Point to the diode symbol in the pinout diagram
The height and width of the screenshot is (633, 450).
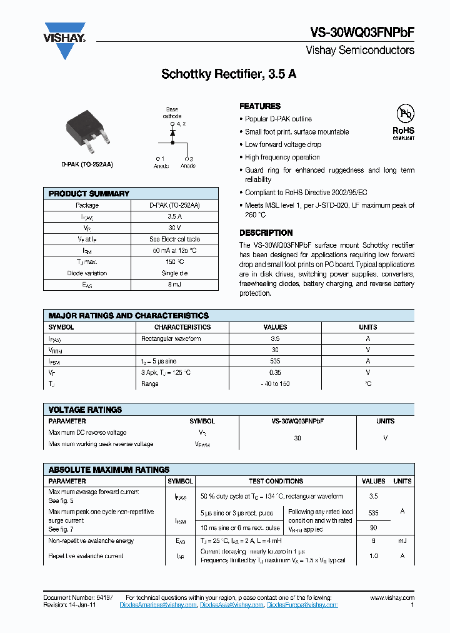pyautogui.click(x=172, y=133)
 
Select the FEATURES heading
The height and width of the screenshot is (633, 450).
pyautogui.click(x=260, y=106)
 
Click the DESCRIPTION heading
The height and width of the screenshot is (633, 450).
pyautogui.click(x=266, y=233)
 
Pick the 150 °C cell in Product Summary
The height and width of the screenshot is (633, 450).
pyautogui.click(x=174, y=262)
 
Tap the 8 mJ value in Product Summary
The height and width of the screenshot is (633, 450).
pyautogui.click(x=174, y=285)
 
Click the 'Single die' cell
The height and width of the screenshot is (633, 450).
pyautogui.click(x=174, y=273)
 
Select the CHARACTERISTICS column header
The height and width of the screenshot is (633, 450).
pyautogui.click(x=182, y=327)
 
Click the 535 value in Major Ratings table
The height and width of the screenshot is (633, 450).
pyautogui.click(x=276, y=361)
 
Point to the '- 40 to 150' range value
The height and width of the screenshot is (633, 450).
pyautogui.click(x=276, y=383)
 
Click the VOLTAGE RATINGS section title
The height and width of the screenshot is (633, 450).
pyautogui.click(x=85, y=410)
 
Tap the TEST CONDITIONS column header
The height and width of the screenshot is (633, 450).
pyautogui.click(x=276, y=481)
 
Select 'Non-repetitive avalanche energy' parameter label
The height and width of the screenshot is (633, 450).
pyautogui.click(x=91, y=540)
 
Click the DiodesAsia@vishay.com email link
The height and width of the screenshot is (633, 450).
pyautogui.click(x=232, y=605)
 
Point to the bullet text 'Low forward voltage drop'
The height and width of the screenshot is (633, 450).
pyautogui.click(x=282, y=144)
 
